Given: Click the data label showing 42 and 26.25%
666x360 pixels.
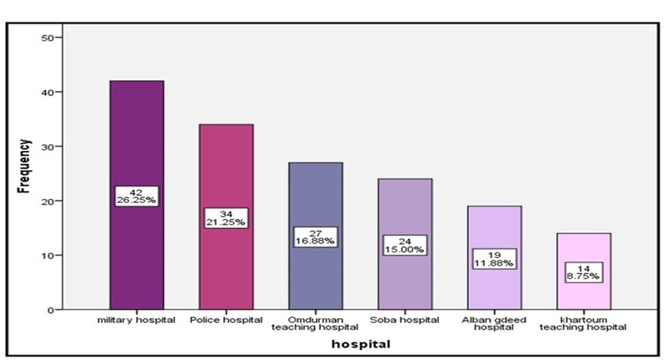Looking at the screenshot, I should click(137, 196).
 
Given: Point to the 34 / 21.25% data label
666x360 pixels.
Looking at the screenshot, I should click(226, 218).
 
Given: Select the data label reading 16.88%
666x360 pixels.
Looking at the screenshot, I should click(315, 236).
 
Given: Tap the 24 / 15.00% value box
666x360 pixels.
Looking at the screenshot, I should click(404, 245).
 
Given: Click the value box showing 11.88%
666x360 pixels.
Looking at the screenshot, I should click(494, 259).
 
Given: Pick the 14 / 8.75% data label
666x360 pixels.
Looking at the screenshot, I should click(583, 272).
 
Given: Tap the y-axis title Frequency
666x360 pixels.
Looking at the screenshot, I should click(25, 166).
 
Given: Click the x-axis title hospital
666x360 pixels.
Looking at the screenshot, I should click(361, 344).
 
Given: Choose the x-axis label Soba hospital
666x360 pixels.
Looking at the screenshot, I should click(404, 320).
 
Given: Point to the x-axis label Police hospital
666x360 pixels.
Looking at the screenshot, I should click(226, 320).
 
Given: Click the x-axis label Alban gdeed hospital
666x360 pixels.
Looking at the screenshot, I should click(494, 323).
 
